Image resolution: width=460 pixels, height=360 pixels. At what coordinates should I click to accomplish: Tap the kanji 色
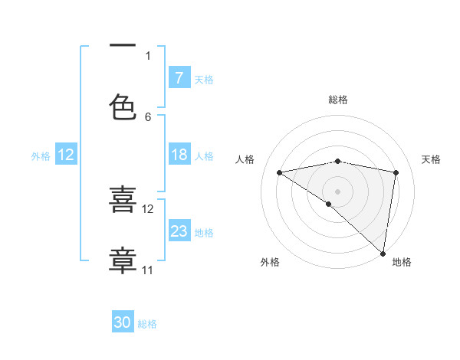(x=123, y=107)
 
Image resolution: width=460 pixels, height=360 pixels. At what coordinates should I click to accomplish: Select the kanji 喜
(x=123, y=201)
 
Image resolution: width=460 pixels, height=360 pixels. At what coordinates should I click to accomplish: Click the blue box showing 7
(x=179, y=78)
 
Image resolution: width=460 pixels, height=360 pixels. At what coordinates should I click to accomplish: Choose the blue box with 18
(x=179, y=155)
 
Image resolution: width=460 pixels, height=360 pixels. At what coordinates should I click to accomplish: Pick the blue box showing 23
(x=179, y=231)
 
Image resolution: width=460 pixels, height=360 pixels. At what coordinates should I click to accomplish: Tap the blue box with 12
(x=65, y=155)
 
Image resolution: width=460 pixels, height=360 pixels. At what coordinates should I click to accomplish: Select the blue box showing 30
(x=123, y=322)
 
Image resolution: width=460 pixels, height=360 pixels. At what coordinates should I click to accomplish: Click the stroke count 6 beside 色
(x=148, y=116)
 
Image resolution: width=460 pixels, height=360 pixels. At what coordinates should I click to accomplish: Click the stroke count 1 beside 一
(x=148, y=55)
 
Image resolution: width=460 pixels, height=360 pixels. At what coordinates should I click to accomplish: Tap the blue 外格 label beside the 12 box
(x=41, y=155)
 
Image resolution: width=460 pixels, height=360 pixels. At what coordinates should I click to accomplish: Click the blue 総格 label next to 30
(x=147, y=323)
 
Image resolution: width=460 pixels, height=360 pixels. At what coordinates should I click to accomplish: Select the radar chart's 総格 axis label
(x=338, y=100)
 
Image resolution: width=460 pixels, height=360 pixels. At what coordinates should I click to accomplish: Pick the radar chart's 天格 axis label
(x=432, y=159)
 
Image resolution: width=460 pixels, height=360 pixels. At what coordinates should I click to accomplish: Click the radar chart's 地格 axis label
(x=402, y=262)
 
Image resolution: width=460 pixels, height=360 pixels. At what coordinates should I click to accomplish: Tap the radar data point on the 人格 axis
(x=280, y=172)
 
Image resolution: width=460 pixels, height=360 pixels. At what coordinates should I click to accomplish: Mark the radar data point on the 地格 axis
(x=383, y=254)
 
